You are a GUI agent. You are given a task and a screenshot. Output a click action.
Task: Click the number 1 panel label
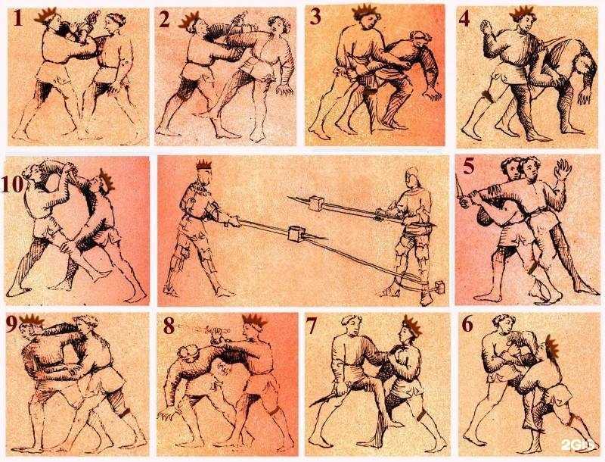17,18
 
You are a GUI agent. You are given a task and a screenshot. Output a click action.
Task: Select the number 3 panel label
315,17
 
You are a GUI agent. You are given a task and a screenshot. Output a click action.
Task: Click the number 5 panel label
469,167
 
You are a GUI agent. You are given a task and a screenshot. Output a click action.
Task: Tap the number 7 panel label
311,326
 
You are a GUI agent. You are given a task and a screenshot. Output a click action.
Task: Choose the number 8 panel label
169,326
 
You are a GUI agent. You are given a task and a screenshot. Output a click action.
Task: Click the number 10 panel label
12,184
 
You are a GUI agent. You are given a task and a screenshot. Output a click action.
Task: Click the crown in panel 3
365,11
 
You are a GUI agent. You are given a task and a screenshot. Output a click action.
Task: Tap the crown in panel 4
523,13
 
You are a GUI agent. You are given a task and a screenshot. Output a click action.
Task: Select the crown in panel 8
255,321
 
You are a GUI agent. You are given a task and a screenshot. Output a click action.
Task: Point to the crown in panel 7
412,326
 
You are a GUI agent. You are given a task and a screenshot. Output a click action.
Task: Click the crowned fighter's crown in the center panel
204,165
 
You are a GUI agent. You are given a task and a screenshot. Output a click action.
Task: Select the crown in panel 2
189,20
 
